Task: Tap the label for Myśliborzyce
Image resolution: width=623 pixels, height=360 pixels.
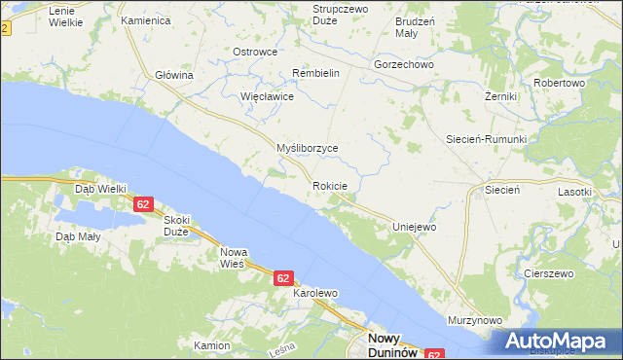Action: [307, 148]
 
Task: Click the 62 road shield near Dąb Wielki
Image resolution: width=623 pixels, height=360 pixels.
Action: [143, 204]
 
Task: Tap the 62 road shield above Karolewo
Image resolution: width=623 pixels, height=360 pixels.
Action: [282, 278]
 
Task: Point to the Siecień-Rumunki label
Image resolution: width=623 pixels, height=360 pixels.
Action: [486, 139]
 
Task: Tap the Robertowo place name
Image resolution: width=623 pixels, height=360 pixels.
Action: [558, 84]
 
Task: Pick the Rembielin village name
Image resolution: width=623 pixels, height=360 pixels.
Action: [315, 73]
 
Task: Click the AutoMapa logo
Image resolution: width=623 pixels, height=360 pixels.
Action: [558, 342]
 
